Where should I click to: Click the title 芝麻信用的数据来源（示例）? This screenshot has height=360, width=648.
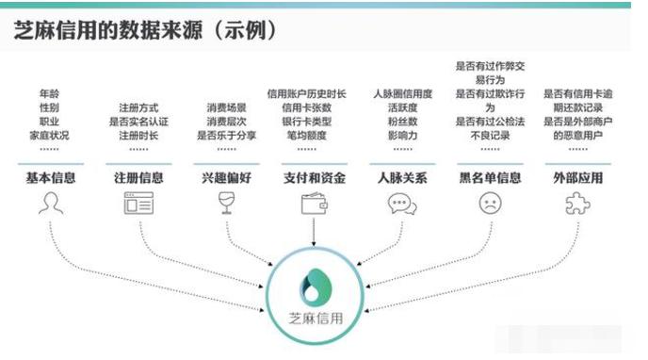point(146,31)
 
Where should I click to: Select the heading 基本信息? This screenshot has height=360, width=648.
point(50,176)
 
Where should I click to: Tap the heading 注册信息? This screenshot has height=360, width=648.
point(138,176)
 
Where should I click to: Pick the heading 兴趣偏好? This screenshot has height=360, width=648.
point(226,176)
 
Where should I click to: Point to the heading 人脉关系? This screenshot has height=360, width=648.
point(402,176)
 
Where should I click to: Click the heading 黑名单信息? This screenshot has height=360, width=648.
point(490,176)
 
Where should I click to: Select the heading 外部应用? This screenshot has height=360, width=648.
point(578,176)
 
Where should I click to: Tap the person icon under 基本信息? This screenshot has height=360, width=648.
point(50,203)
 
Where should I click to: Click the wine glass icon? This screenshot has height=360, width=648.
point(226,203)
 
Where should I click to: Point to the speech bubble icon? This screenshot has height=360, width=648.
point(402,203)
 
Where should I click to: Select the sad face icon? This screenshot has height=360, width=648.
point(490,203)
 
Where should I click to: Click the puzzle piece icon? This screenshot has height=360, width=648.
point(578,203)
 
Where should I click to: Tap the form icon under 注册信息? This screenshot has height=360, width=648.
point(138,203)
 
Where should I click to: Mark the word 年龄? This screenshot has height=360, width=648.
point(50,94)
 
